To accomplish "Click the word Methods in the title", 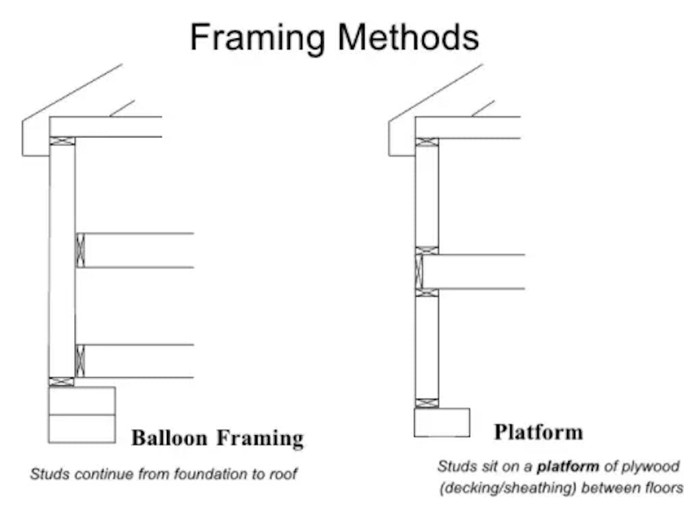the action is [409, 37].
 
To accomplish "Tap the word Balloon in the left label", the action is [169, 438].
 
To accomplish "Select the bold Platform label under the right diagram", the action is [538, 432].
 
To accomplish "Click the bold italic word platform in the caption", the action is [568, 467].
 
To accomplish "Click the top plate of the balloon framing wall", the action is [62, 141].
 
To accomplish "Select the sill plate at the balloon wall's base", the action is [62, 382].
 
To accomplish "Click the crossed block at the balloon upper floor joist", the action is [80, 251].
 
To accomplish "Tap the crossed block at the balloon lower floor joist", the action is [80, 361].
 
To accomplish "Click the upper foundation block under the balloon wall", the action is [82, 401].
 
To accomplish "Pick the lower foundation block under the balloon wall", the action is [82, 429].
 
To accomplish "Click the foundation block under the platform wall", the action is [442, 422].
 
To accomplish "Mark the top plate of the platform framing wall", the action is [427, 142].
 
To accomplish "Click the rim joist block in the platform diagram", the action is [419, 271].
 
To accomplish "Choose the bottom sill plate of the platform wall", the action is [427, 403].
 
